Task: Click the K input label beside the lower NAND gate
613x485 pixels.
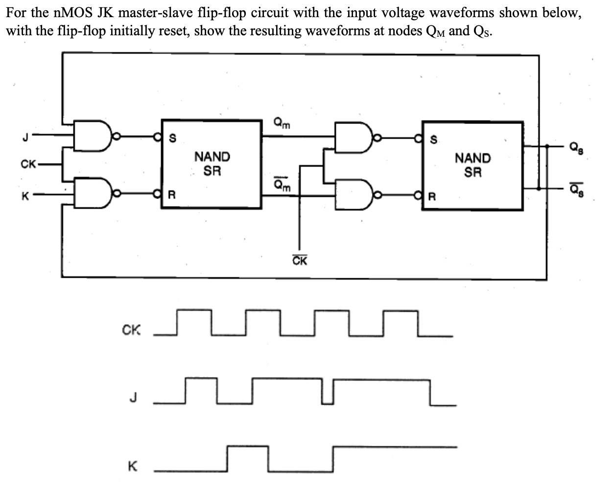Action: (x=24, y=197)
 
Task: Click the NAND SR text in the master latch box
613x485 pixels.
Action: (x=212, y=164)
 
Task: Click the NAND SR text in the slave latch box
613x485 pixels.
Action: (x=472, y=165)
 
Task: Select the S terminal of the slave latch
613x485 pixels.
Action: (x=433, y=140)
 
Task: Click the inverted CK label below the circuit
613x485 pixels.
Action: (x=300, y=261)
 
